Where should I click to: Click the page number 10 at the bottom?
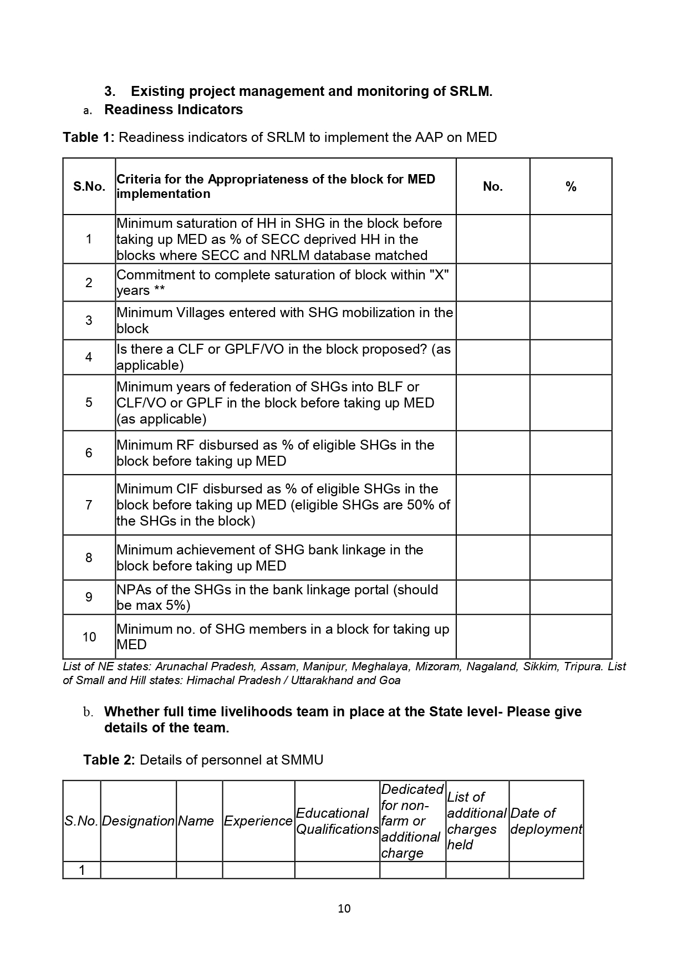click(x=344, y=908)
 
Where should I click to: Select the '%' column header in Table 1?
click(x=570, y=187)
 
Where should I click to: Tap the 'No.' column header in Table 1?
click(x=492, y=186)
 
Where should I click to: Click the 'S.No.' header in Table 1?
click(x=89, y=186)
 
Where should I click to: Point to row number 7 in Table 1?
click(x=89, y=505)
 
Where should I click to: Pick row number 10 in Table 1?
click(x=89, y=636)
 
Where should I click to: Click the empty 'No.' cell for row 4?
click(x=492, y=357)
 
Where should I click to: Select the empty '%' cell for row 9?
click(x=570, y=597)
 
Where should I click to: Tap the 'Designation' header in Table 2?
click(x=138, y=821)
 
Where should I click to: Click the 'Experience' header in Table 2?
click(x=258, y=821)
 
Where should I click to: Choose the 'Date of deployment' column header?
click(x=546, y=821)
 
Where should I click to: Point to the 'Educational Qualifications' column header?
click(x=337, y=821)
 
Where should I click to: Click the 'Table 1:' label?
click(x=88, y=137)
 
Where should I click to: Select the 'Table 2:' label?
click(x=109, y=760)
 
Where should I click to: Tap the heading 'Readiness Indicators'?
click(x=173, y=109)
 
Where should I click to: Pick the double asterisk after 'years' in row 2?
click(x=159, y=291)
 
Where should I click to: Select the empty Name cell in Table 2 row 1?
click(x=199, y=870)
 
